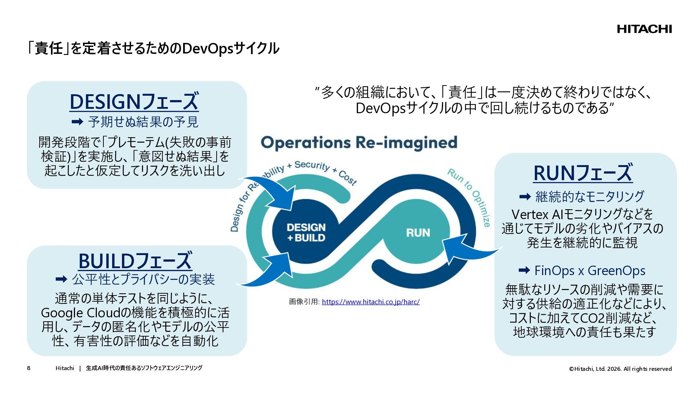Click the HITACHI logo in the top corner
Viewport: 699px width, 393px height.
[644, 29]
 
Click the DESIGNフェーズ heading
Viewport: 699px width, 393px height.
[134, 102]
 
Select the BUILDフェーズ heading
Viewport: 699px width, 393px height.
[135, 261]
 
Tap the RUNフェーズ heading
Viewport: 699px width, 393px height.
[583, 173]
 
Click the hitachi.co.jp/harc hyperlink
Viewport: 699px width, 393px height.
[371, 302]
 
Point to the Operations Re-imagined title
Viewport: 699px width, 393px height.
[359, 143]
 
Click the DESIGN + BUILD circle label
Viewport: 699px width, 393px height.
[306, 233]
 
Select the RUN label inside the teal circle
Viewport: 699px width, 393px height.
[418, 233]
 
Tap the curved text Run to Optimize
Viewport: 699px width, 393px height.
[470, 196]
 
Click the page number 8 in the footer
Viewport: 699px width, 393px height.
[29, 368]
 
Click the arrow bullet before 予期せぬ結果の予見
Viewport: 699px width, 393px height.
[77, 122]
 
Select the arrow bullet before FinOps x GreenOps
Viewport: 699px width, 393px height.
[524, 270]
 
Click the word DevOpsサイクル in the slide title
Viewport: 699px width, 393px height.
[230, 48]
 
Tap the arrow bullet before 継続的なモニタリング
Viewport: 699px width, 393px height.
[525, 197]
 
